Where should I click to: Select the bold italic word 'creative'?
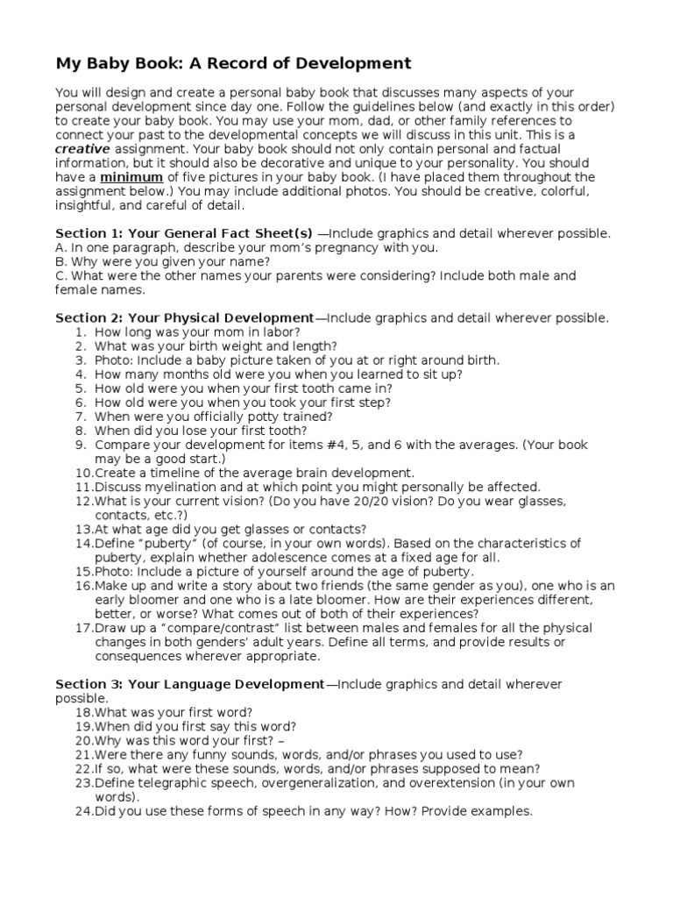[82, 149]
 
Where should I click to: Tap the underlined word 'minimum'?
[128, 177]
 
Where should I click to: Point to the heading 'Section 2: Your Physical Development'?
[184, 317]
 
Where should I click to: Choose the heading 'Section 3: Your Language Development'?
[189, 683]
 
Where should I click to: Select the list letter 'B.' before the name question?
[61, 261]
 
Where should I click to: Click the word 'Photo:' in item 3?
[113, 360]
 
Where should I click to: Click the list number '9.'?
[80, 444]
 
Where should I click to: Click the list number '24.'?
[83, 810]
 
